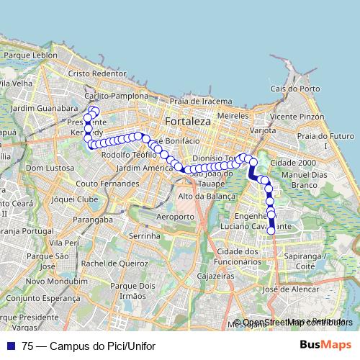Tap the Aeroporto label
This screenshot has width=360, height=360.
(175, 216)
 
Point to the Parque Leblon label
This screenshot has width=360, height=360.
(30, 55)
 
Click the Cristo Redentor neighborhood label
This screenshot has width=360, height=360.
(97, 73)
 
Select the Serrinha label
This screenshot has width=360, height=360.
(143, 235)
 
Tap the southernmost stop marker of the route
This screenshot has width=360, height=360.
(271, 231)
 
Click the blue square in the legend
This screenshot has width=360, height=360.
(9, 345)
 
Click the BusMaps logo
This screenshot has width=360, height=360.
(326, 345)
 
